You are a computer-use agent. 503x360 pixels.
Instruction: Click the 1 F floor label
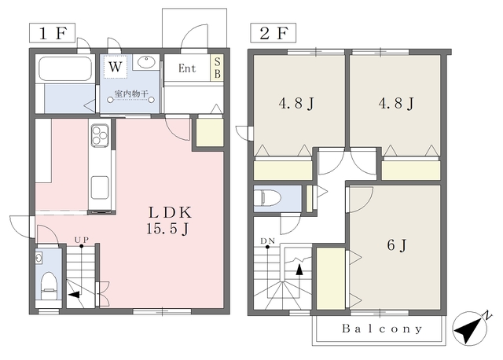pos(53,33)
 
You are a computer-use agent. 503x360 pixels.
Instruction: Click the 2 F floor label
pos(274,33)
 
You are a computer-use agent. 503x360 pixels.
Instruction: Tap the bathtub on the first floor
pos(64,69)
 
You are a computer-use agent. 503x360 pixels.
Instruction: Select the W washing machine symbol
pos(116,67)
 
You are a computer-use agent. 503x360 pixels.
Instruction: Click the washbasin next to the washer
pos(146,62)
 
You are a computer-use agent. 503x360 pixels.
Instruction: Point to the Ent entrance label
pos(187,68)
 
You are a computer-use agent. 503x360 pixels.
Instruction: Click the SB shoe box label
pos(217,68)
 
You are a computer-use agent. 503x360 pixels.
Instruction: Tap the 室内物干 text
pos(131,94)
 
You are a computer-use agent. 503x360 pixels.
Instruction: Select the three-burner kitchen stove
pos(100,135)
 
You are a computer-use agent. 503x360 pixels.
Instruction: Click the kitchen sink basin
pos(100,188)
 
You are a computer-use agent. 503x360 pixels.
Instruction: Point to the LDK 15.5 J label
pos(169,220)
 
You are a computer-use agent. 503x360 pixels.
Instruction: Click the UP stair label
pos(82,240)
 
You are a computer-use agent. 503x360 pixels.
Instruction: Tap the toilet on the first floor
pos(49,285)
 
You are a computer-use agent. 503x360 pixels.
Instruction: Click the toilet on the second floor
pos(267,197)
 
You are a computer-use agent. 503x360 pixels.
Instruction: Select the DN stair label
pos(267,241)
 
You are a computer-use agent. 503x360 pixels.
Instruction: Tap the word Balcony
pos(382,329)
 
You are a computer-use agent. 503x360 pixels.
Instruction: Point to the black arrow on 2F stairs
pos(299,270)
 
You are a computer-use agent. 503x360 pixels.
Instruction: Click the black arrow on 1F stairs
pos(74,295)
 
